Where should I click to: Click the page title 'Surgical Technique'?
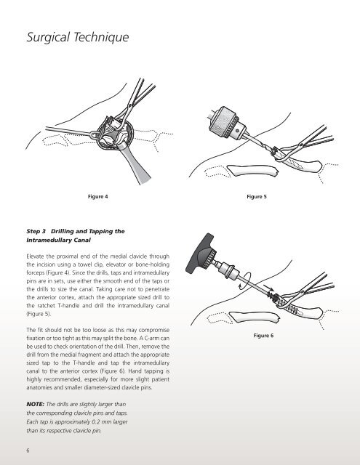point(78,37)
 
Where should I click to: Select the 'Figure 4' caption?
point(98,197)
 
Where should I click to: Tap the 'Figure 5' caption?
point(257,197)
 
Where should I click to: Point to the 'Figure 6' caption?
point(263,336)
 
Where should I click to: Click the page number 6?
point(28,450)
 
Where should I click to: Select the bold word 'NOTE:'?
point(36,404)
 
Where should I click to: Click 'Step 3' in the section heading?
point(36,231)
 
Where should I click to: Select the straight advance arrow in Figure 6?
point(268,288)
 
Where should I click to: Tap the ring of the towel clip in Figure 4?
point(94,135)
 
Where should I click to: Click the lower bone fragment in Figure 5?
point(253,171)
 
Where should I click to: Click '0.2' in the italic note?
point(96,421)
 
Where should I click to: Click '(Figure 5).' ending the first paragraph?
point(39,314)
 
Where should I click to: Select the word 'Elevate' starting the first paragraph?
point(36,256)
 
